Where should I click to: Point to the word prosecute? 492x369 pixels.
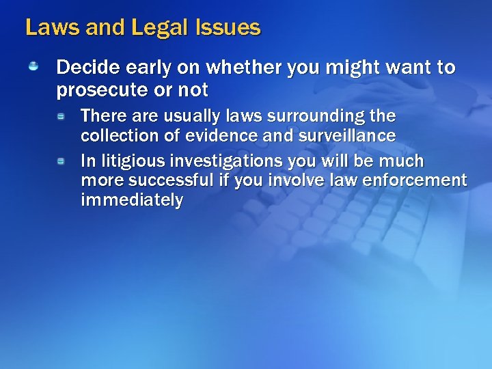[106, 90]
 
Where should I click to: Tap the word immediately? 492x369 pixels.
[131, 200]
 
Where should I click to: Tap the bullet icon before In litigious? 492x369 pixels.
[61, 161]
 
